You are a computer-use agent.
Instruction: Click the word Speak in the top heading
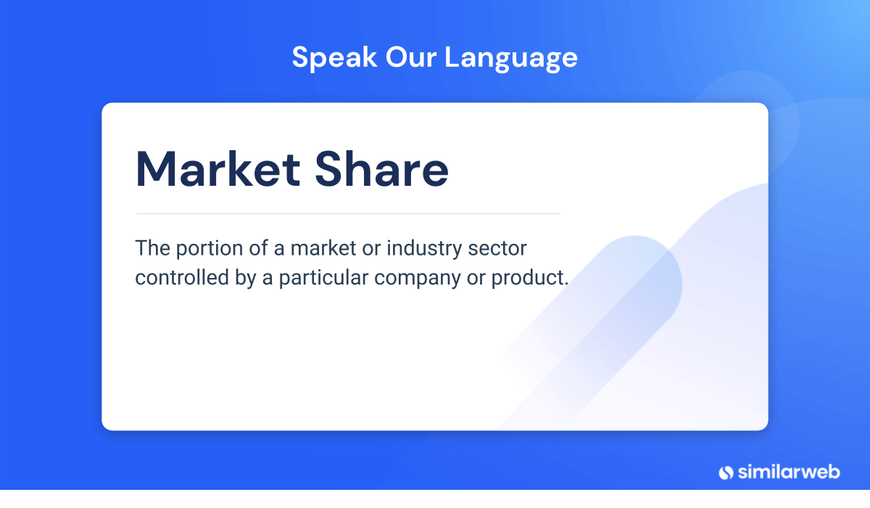click(334, 58)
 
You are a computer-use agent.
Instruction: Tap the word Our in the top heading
click(411, 57)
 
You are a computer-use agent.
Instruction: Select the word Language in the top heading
click(511, 58)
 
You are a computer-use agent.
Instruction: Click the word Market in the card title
click(218, 169)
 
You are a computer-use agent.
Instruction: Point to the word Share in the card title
click(381, 169)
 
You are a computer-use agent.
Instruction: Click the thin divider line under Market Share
click(348, 213)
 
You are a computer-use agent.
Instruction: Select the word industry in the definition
click(424, 249)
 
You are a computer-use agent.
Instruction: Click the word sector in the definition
click(497, 249)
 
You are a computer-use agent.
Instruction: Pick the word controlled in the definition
click(182, 277)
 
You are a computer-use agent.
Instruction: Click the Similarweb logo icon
click(726, 472)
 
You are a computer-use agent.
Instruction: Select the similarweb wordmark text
click(789, 472)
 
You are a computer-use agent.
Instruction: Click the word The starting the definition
click(153, 248)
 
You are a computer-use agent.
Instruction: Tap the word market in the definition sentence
click(323, 249)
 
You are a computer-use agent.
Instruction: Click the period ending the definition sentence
click(566, 284)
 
